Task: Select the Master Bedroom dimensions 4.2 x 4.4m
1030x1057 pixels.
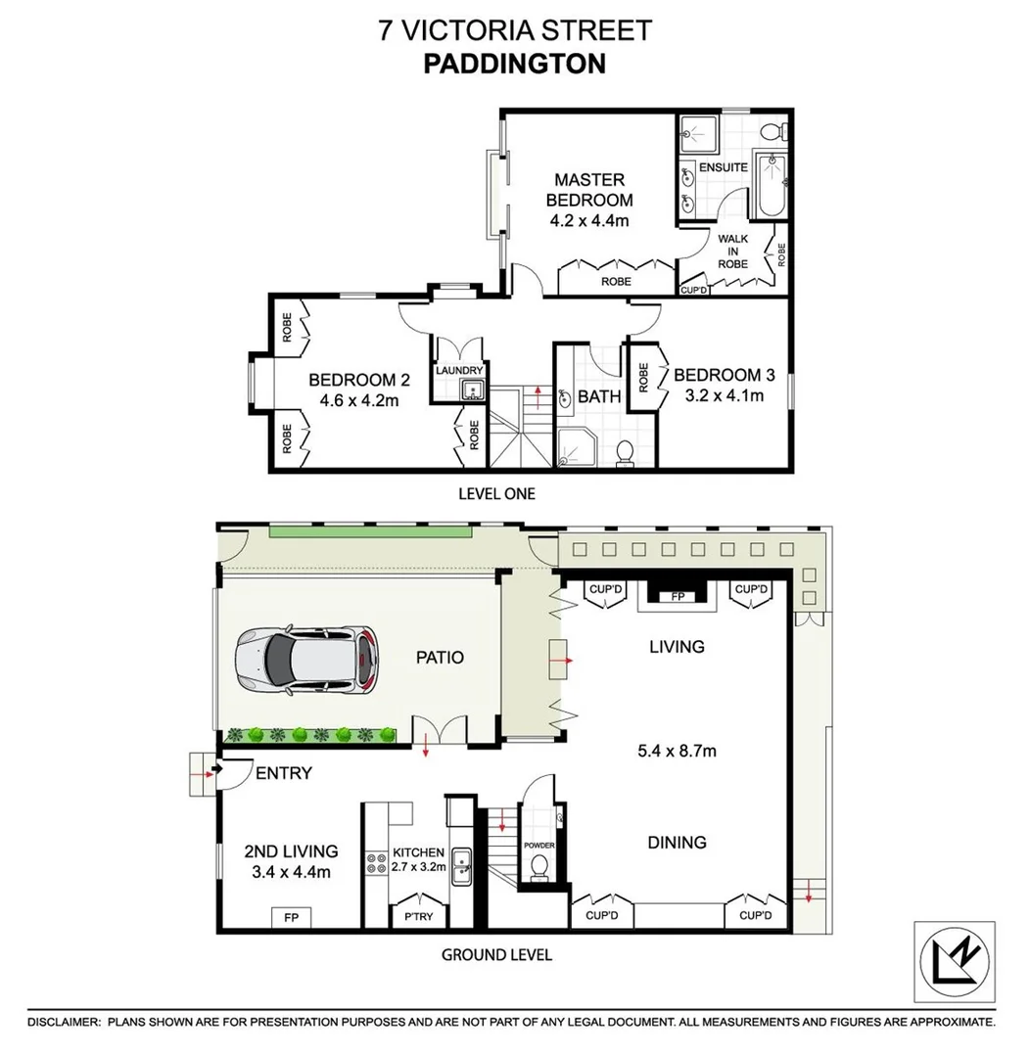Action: [x=589, y=221]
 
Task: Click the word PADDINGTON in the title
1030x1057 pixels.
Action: [x=515, y=64]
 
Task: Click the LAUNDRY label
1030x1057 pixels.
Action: [x=459, y=371]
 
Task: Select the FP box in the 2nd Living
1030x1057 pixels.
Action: [x=291, y=918]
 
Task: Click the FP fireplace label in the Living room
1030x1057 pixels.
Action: [x=677, y=596]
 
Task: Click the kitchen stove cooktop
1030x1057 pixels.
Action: [x=376, y=864]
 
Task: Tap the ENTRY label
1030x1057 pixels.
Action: [x=283, y=773]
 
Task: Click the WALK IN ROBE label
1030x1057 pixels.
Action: [x=732, y=252]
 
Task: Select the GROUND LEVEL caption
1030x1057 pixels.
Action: [x=496, y=954]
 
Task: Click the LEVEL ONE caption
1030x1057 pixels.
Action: [x=496, y=494]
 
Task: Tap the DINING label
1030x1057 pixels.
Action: [x=677, y=842]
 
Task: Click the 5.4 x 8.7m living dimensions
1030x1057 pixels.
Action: [x=677, y=752]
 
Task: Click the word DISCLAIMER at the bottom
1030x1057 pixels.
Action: [x=64, y=1021]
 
